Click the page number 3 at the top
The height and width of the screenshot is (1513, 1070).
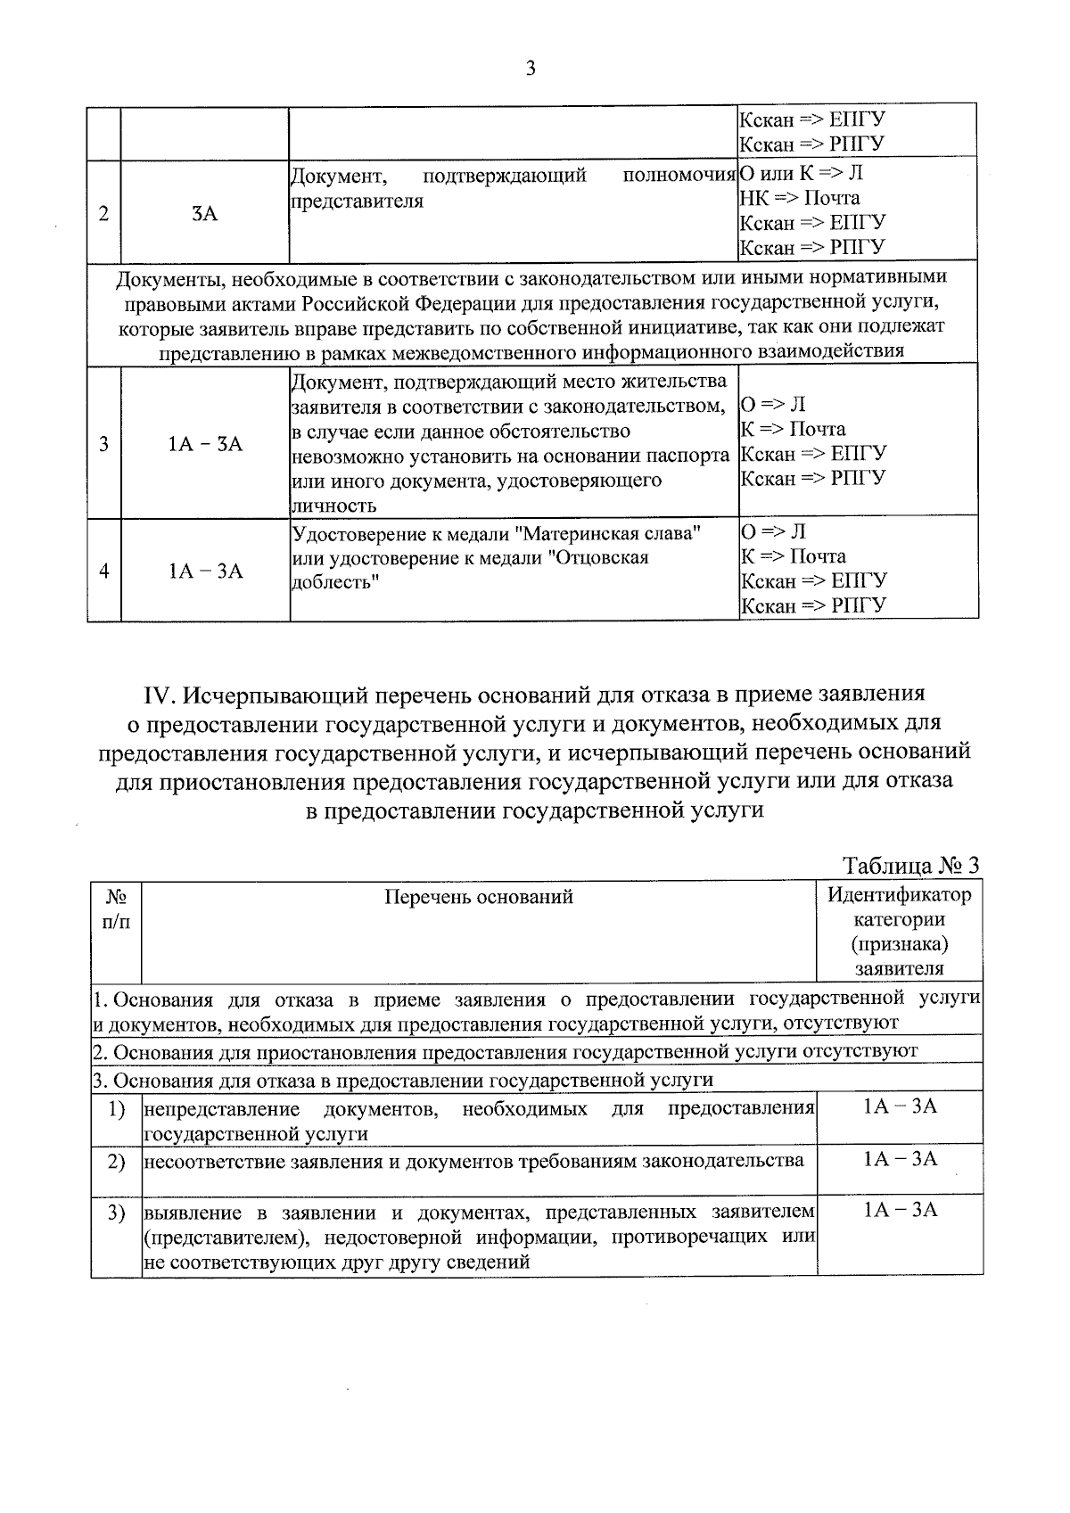coord(531,69)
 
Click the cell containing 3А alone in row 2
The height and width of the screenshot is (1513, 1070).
coord(204,213)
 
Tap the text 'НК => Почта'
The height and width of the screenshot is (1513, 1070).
coord(800,198)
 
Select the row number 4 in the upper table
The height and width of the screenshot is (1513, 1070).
coord(104,571)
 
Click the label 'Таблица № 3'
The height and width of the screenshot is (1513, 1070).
coord(910,866)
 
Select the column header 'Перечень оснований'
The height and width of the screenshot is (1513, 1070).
coord(478,897)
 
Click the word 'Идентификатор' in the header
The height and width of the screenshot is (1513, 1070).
coord(899,894)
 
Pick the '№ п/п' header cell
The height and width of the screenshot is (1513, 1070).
coord(116,909)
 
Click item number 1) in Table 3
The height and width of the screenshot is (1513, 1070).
coord(116,1109)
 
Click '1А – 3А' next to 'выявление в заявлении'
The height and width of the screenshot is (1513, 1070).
coord(900,1210)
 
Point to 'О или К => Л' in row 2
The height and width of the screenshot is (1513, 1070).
coord(801,173)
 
